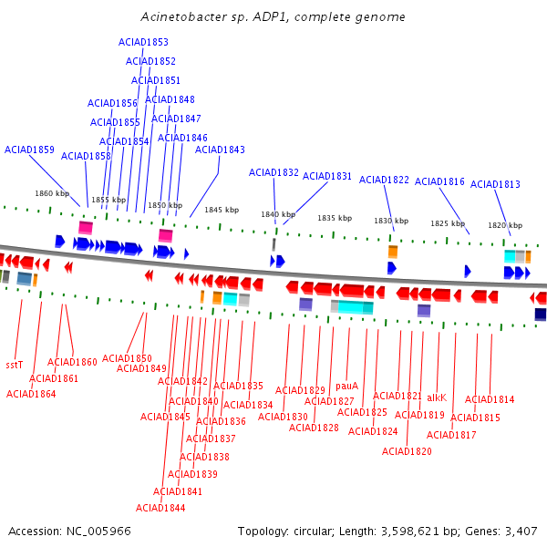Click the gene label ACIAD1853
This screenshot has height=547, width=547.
pos(143,42)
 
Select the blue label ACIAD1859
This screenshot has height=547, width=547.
pos(29,150)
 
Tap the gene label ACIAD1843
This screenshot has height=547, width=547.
pos(220,150)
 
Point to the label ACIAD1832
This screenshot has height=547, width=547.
pos(273,172)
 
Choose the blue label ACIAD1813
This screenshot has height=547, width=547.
pos(495,184)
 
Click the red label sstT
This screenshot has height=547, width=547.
pos(15,365)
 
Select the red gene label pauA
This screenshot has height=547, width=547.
pos(346,386)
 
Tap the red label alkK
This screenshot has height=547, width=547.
pos(437,397)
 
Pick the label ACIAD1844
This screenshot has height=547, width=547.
pos(160,508)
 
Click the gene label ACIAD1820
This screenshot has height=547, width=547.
pos(407,451)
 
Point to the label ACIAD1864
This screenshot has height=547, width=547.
pos(31,394)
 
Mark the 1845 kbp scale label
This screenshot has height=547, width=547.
pos(222,210)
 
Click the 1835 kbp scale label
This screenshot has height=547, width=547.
pos(335,218)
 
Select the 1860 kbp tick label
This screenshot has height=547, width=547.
pos(52,193)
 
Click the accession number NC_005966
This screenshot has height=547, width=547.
pos(98,532)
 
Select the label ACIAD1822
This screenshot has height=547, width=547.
pos(384,180)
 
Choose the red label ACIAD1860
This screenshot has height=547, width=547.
pos(72,362)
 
